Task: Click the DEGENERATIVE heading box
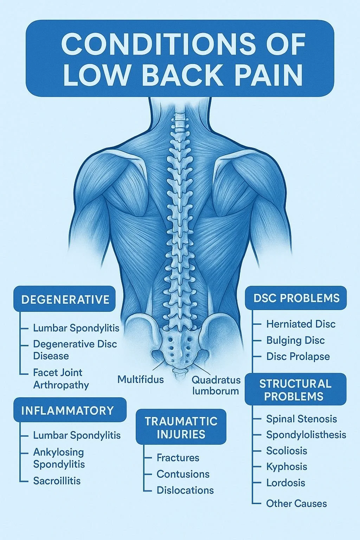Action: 65,300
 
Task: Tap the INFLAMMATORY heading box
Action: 69,410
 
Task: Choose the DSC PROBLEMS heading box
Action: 296,298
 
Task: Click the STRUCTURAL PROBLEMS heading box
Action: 295,390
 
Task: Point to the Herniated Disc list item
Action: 301,324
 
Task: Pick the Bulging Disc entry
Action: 295,340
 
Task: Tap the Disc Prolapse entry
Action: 298,356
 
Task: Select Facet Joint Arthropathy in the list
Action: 61,379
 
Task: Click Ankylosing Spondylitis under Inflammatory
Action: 59,458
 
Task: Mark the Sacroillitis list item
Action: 57,481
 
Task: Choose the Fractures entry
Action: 178,458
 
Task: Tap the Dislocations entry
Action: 185,490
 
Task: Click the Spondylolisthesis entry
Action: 306,435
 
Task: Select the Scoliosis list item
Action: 287,451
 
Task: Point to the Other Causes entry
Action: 296,503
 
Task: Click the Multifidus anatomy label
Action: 140,380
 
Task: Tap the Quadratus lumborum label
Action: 216,385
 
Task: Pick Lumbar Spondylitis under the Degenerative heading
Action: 76,328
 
